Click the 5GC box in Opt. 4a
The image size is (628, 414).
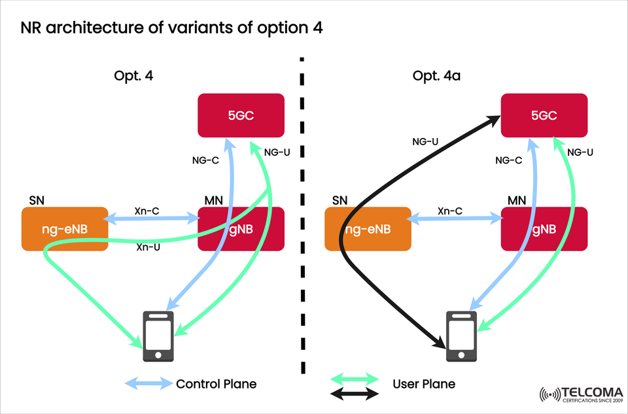544,116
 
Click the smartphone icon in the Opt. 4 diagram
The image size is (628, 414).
158,336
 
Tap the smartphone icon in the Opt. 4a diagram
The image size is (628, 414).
461,336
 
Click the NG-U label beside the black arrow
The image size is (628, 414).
425,141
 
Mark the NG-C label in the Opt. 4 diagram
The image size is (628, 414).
205,160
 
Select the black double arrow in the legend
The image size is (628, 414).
355,394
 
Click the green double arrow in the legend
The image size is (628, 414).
355,378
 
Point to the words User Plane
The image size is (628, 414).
424,384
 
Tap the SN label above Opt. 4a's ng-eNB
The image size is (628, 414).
340,199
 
